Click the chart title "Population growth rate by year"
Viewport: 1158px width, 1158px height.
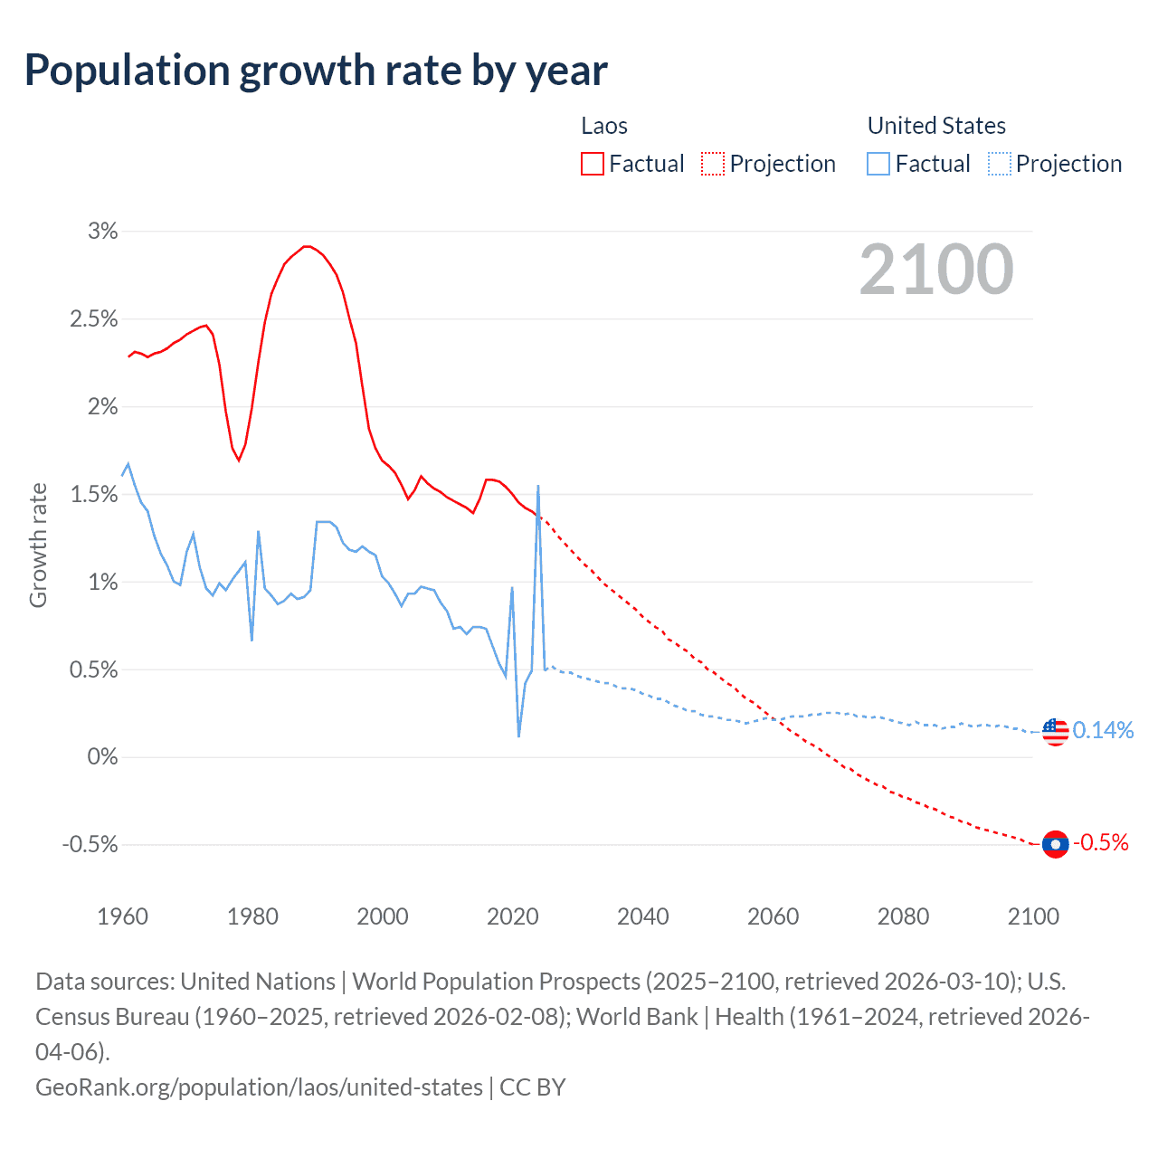[x=316, y=71]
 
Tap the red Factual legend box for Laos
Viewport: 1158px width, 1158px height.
[x=593, y=164]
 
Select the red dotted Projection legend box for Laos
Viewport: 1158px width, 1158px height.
[x=713, y=164]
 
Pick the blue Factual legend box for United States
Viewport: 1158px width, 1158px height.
[x=878, y=164]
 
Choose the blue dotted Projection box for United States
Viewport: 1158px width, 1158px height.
[x=999, y=164]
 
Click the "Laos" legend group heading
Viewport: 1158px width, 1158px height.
[x=604, y=126]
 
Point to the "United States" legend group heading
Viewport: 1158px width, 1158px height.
[x=936, y=126]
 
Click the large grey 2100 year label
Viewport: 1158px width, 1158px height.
[x=936, y=270]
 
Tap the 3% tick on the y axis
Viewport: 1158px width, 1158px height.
[x=103, y=232]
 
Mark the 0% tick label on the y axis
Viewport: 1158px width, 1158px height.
[x=102, y=756]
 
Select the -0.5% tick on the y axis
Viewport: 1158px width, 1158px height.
[x=90, y=844]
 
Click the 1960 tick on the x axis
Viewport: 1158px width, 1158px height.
[x=122, y=916]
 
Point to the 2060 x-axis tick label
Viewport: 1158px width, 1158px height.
[x=773, y=916]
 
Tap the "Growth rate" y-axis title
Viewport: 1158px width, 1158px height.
[x=38, y=546]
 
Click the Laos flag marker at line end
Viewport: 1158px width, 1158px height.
[x=1055, y=844]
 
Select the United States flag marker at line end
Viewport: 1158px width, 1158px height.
[x=1055, y=731]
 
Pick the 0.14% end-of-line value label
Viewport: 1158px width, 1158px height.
[x=1103, y=731]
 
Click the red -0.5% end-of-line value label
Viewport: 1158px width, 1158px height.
[x=1101, y=843]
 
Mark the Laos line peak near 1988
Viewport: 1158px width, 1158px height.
[x=308, y=246]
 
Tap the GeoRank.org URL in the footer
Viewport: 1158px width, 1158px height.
[x=259, y=1087]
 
